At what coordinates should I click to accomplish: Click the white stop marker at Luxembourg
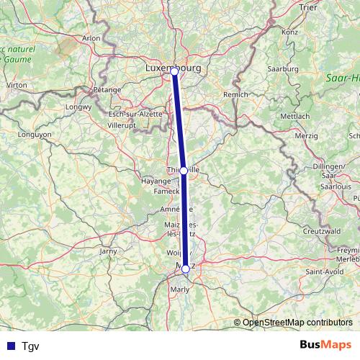174,71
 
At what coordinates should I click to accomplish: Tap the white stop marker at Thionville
184,171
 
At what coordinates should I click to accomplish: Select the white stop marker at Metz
186,269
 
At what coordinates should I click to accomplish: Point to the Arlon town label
91,38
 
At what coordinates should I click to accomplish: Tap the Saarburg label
282,68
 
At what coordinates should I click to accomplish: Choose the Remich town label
235,94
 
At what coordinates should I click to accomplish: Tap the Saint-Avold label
324,271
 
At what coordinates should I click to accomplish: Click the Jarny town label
109,251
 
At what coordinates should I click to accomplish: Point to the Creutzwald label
321,230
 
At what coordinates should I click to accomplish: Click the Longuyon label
35,134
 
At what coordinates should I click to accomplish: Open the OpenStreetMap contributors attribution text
297,323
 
